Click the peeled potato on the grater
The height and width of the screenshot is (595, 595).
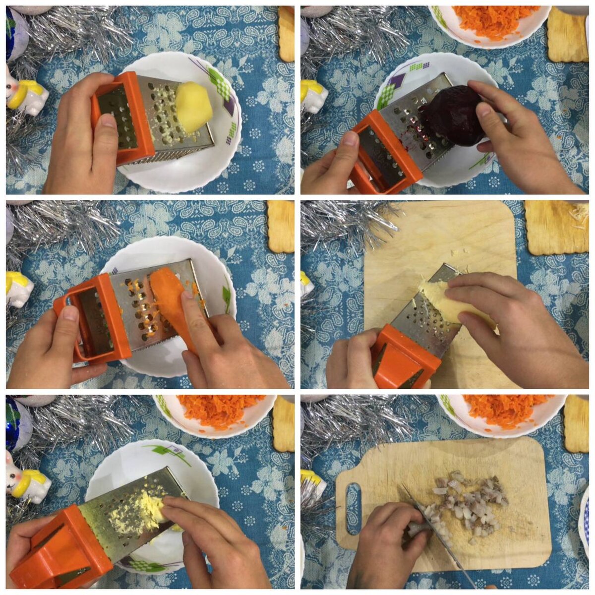tap(194, 107)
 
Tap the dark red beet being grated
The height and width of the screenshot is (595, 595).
tap(454, 117)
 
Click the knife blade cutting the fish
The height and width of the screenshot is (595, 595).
tap(436, 535)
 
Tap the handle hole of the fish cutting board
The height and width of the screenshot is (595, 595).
tap(353, 508)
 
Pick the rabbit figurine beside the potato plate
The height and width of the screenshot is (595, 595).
tap(25, 94)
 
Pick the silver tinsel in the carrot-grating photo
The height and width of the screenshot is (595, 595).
tap(59, 228)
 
